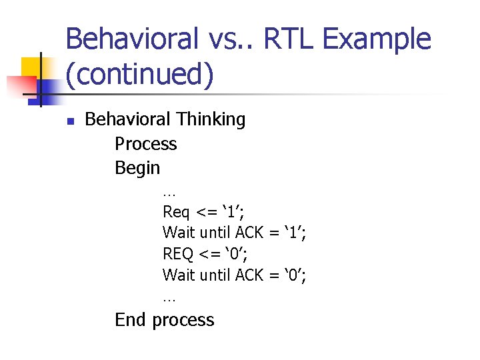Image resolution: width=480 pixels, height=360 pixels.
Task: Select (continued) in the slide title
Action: point(140,75)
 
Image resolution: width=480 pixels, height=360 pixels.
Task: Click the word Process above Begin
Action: point(145,144)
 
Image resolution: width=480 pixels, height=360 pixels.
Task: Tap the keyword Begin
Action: point(137,168)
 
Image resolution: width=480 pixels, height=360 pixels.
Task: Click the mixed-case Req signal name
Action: point(176,213)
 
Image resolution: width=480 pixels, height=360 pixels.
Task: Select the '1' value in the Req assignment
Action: point(231,213)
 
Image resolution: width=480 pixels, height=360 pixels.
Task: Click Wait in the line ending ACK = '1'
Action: point(178,233)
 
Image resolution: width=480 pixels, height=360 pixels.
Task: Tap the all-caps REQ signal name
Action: point(177,254)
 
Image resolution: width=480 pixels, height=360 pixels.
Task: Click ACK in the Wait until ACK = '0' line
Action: point(250,275)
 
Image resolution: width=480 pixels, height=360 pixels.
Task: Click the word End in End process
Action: point(130,320)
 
